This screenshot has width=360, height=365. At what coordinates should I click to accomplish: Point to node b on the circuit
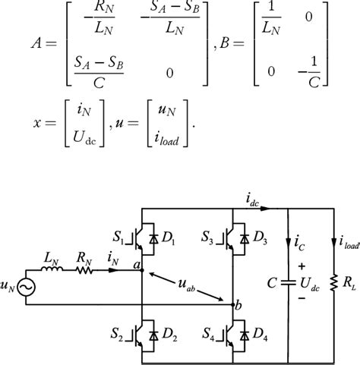232,304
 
